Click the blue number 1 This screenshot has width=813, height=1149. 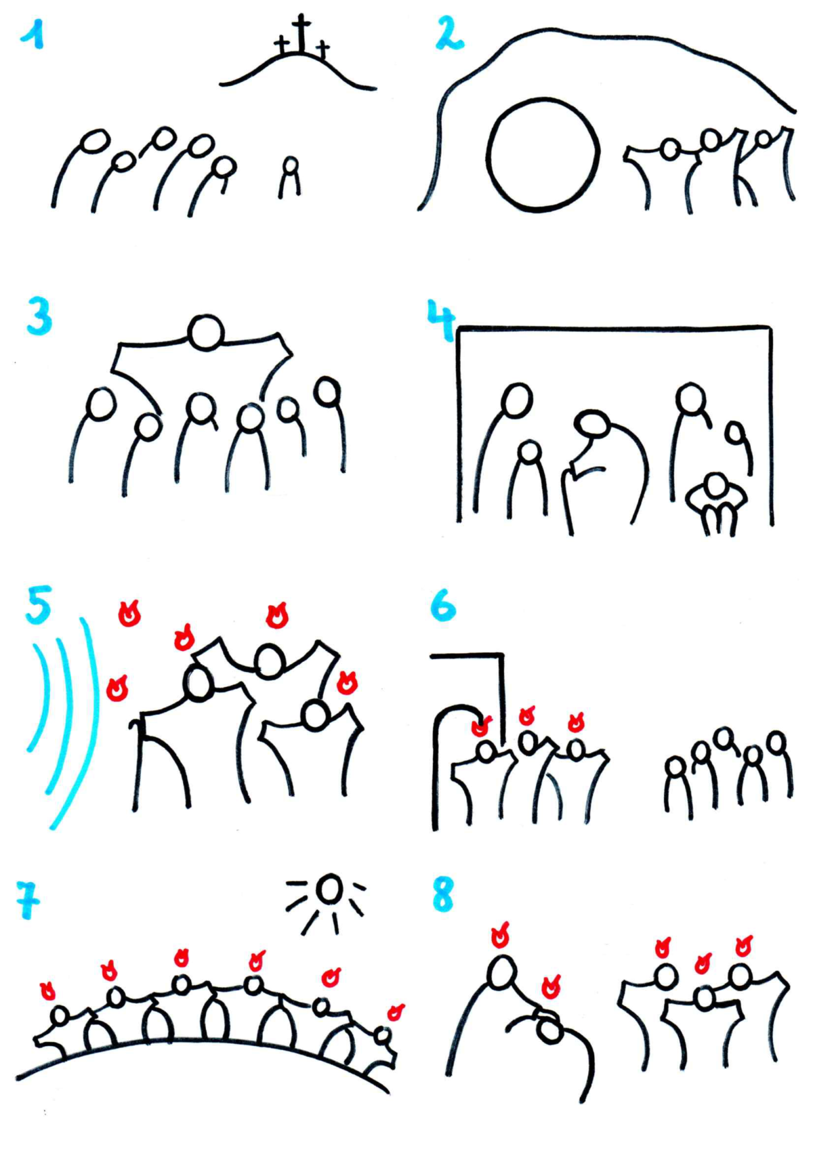pos(33,35)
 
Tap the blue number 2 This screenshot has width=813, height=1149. pos(449,33)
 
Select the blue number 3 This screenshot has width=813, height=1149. pos(39,316)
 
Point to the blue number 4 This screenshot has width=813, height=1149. pos(441,320)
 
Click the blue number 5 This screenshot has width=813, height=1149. pos(39,605)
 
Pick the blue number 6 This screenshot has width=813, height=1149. pos(444,605)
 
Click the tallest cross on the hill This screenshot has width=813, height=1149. pos(301,34)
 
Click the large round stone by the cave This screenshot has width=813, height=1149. pos(543,155)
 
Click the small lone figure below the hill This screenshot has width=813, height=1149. pos(291,177)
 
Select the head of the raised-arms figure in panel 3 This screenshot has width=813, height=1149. pos(206,333)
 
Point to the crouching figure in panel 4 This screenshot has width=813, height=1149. pos(717,504)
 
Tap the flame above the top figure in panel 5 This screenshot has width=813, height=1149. pos(277,616)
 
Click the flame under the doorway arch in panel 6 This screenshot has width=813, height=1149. pos(481,726)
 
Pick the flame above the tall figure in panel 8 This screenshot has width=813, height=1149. pos(501,935)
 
